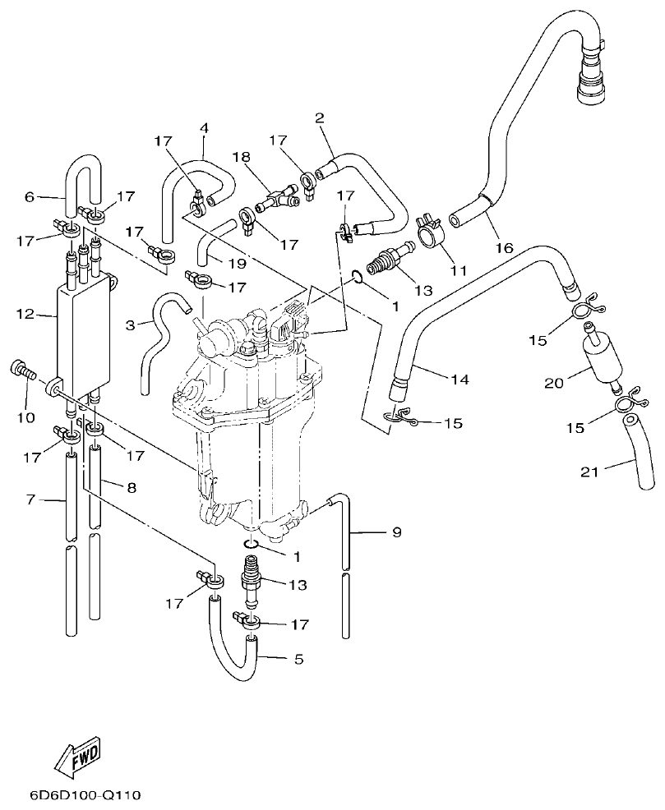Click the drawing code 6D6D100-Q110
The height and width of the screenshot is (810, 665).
coord(85,795)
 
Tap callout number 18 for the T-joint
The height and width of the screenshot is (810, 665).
coord(241,157)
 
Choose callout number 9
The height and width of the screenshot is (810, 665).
coord(396,533)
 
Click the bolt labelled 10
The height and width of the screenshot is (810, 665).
coord(21,371)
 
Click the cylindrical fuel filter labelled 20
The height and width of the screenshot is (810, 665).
coord(599,354)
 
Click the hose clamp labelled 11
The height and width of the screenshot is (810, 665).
coord(431,231)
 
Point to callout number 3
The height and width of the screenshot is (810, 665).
coord(131,325)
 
